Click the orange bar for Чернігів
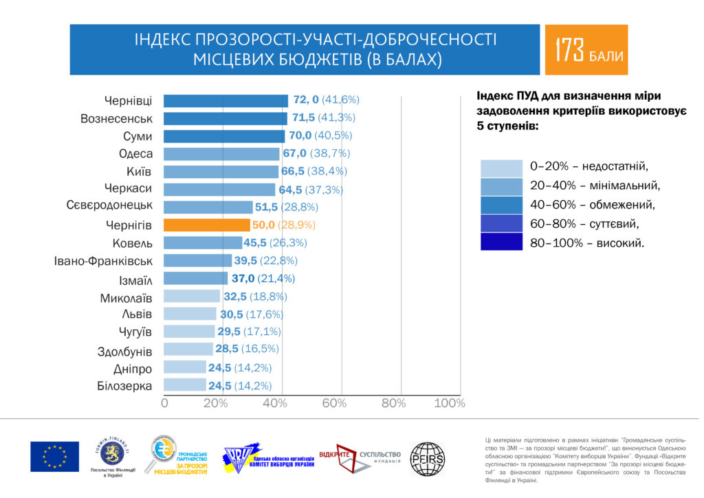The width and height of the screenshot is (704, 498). (x=206, y=225)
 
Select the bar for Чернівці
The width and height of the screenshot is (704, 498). (x=225, y=100)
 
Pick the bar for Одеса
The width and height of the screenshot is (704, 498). (x=221, y=153)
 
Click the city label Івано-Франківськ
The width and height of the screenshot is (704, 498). (x=103, y=261)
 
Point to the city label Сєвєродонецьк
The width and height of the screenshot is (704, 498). (x=109, y=206)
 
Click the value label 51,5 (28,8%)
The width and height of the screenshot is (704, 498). (x=289, y=206)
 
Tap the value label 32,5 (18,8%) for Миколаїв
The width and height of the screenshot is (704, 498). (x=254, y=296)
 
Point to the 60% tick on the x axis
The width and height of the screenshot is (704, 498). (x=334, y=403)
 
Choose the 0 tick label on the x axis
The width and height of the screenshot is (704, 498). (x=164, y=403)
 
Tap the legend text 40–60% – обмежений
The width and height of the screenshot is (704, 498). (x=592, y=204)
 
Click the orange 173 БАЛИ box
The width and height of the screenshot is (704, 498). (x=586, y=50)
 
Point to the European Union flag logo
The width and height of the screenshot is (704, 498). (x=54, y=457)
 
